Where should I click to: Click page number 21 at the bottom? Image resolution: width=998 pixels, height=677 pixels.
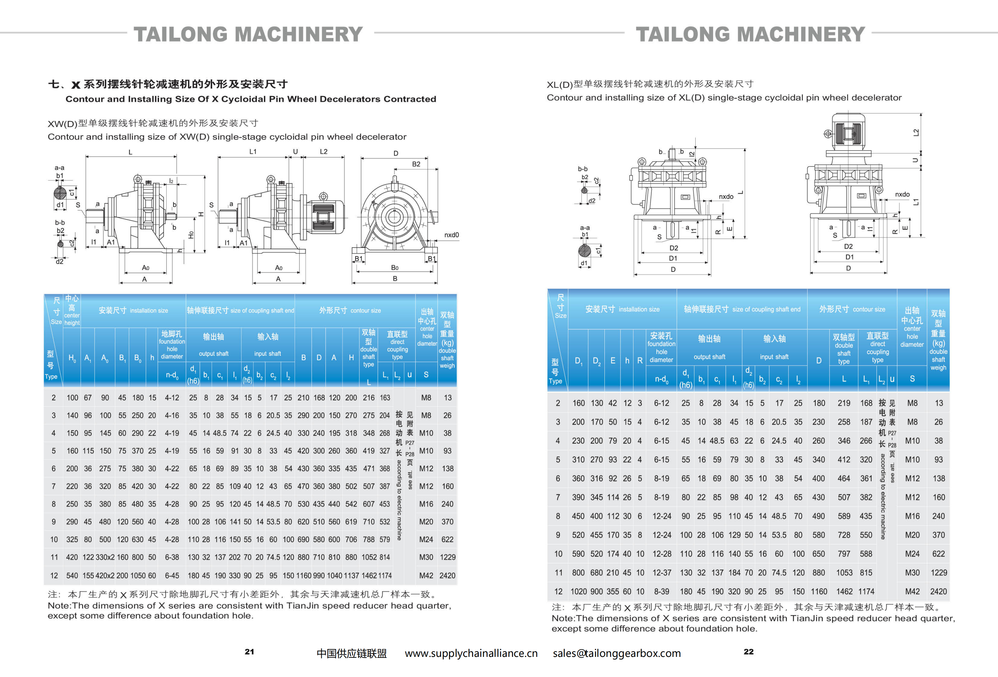pos(249,652)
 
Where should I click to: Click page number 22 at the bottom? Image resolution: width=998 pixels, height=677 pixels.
pos(748,652)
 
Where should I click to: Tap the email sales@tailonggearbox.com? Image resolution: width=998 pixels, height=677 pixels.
pos(617,653)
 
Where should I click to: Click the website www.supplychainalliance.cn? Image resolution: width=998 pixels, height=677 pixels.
pos(471,653)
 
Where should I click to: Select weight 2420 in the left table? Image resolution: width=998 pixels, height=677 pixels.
pos(447,576)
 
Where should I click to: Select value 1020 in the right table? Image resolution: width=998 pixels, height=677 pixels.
pos(578,592)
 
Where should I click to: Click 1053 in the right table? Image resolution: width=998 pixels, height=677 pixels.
pos(844,573)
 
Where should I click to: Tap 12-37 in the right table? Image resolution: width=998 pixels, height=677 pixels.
pos(661,573)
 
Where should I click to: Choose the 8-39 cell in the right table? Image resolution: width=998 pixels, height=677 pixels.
pos(661,592)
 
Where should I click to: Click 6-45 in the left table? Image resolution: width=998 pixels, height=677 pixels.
pos(172,576)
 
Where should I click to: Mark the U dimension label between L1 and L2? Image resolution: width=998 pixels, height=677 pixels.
pos(295,151)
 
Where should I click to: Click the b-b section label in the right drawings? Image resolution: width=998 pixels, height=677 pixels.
pos(582,169)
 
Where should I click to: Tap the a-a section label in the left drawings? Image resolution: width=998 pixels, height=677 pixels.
pos(59,168)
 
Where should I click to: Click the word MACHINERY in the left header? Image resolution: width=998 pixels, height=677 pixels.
pos(299,34)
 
